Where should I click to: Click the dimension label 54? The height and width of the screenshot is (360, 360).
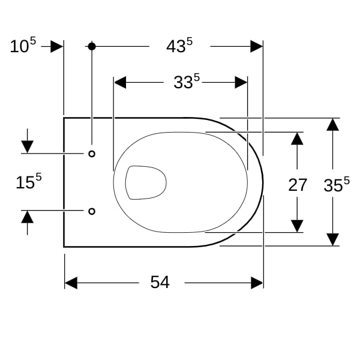coord(160,282)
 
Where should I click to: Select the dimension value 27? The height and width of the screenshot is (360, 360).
coord(298,185)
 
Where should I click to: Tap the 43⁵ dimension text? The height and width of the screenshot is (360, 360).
coord(179,46)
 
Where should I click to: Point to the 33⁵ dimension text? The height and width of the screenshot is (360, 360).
coord(187,81)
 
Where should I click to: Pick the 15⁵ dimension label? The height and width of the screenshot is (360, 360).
coord(29,181)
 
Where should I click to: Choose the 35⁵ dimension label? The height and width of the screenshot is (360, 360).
coord(337,184)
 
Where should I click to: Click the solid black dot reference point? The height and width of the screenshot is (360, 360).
coord(92,46)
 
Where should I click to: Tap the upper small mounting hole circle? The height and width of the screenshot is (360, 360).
coord(92,154)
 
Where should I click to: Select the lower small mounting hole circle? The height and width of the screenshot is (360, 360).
coord(92,211)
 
